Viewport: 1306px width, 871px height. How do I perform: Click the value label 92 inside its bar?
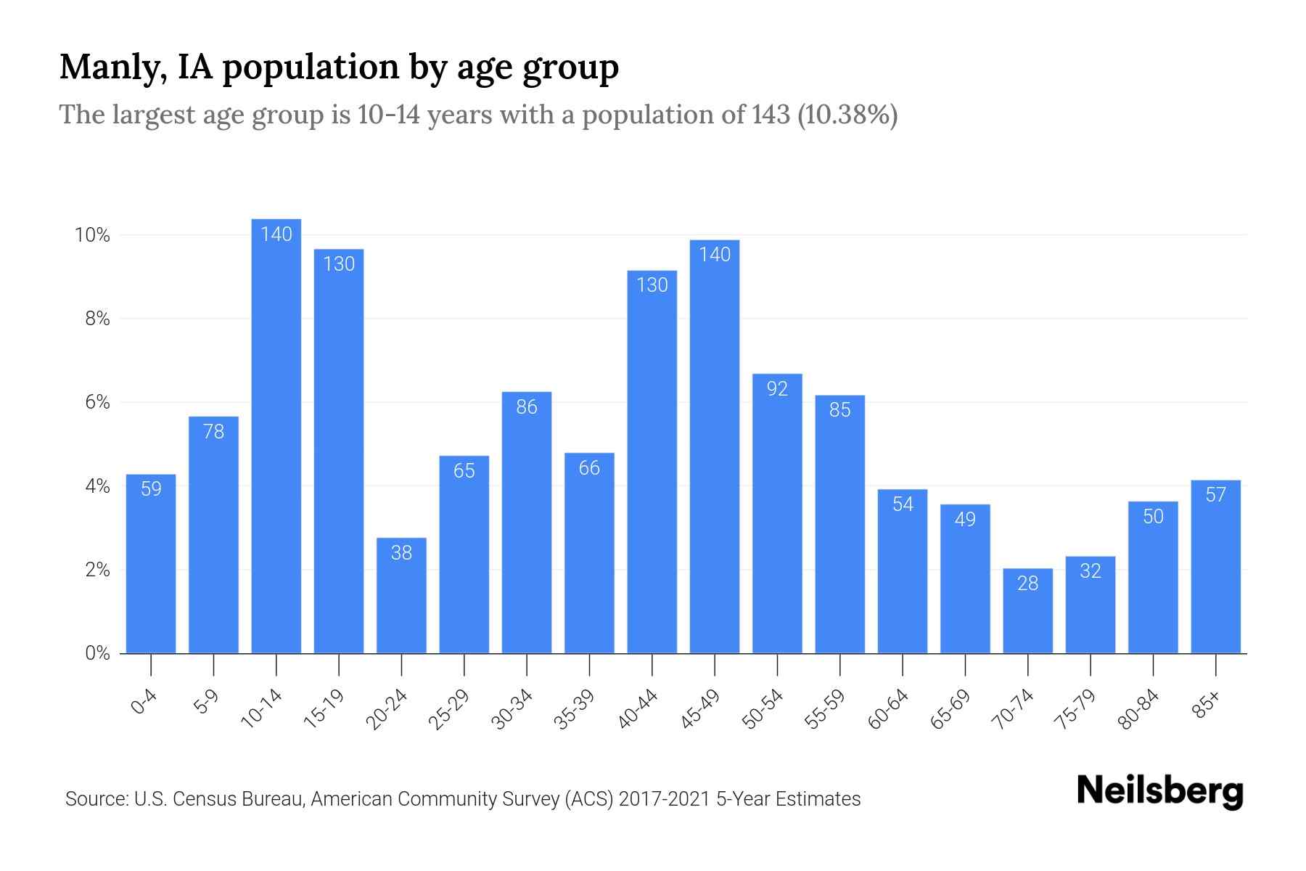coord(777,389)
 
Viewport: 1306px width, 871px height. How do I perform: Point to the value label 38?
coord(401,553)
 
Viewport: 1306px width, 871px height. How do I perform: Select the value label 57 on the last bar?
coord(1215,495)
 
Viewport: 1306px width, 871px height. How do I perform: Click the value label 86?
coord(527,407)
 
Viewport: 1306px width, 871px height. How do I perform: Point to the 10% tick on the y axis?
coord(92,235)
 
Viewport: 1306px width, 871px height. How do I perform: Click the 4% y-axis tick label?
coord(97,486)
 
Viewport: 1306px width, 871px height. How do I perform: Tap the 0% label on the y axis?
coord(97,653)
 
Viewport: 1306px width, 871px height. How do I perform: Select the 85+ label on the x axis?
coord(1207,706)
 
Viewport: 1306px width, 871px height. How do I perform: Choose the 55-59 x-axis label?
coord(824,710)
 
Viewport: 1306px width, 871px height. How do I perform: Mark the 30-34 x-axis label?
coord(512,710)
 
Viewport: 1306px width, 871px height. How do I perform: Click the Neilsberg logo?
coord(1159,791)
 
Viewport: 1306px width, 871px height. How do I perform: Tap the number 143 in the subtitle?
coord(771,115)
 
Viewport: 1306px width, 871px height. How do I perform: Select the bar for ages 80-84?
coord(1153,581)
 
